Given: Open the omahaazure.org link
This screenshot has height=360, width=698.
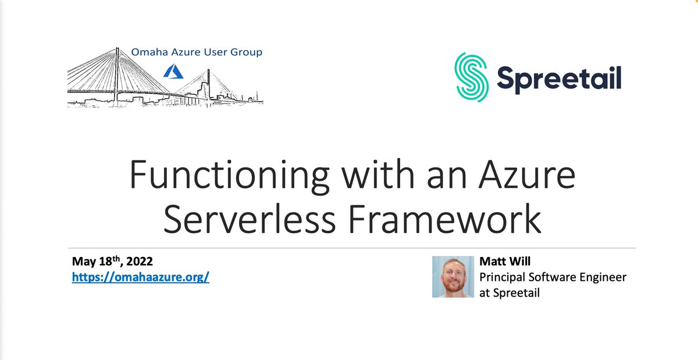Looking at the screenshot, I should point(140,277).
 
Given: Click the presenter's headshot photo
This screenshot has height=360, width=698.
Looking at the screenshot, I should point(453,277).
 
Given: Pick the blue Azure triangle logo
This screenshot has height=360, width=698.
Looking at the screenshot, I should point(173,72).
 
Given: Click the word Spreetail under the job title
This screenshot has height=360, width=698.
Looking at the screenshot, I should point(515,293).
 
